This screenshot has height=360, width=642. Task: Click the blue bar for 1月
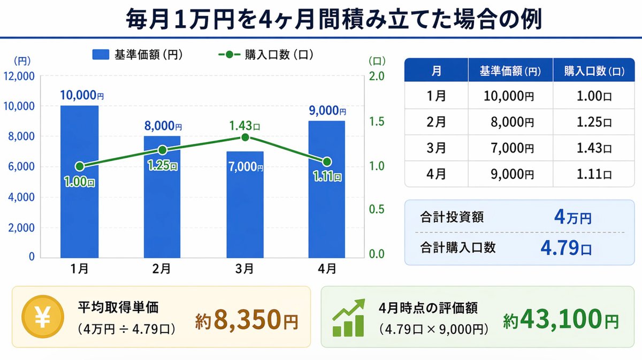[79, 182]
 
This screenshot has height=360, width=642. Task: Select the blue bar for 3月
[244, 209]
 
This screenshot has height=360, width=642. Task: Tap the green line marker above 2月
[162, 150]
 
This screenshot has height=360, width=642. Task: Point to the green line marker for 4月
[327, 162]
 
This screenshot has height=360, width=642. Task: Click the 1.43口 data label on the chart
[244, 126]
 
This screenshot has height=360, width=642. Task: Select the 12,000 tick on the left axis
[19, 76]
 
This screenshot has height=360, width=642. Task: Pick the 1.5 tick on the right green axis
[377, 121]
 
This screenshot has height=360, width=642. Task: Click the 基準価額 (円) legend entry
[139, 55]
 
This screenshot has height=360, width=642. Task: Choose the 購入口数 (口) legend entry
[265, 55]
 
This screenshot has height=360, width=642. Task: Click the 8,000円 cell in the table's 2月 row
[512, 122]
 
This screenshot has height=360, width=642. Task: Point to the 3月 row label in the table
[436, 148]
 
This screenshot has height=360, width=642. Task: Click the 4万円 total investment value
[572, 218]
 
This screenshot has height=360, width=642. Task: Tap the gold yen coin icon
[42, 317]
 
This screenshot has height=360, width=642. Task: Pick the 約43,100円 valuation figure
[560, 320]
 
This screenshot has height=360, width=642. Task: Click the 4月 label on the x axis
[327, 270]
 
